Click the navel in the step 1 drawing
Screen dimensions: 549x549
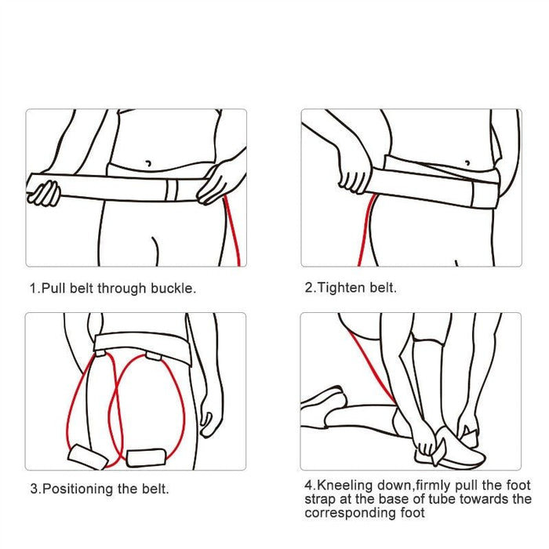coord(148,164)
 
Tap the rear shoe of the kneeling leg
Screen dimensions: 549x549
coord(324,402)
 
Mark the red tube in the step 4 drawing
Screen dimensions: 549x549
coord(369,361)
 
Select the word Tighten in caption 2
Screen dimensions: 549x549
coord(340,288)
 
